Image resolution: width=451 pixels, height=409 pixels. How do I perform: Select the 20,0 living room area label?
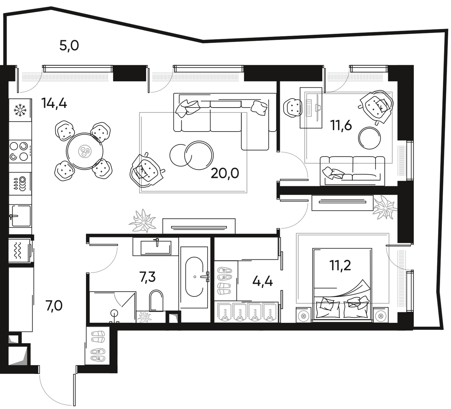click(x=225, y=173)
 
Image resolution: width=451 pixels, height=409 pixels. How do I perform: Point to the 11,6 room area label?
click(x=341, y=126)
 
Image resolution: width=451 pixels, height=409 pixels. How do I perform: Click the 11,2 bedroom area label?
click(x=340, y=265)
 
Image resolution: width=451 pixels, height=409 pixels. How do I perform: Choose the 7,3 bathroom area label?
click(x=148, y=277)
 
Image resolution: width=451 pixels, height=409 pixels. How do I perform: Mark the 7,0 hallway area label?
click(x=54, y=307)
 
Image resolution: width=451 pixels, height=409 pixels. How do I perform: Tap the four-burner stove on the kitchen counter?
click(x=20, y=152)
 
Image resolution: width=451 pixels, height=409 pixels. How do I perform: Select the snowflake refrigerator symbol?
click(x=20, y=111)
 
